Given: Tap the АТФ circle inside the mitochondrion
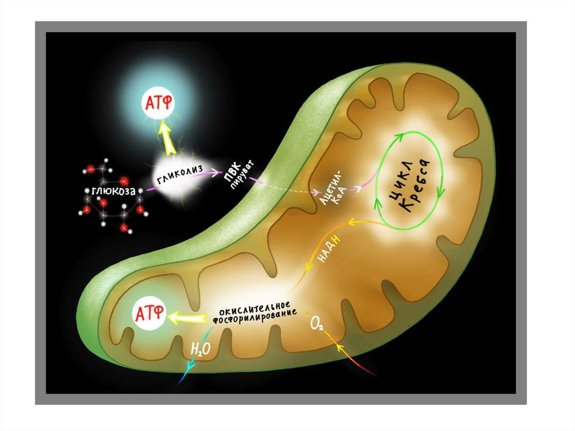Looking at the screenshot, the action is click(x=149, y=313).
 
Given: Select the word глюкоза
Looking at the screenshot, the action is click(x=114, y=192).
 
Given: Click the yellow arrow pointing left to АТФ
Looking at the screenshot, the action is click(x=187, y=318).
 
